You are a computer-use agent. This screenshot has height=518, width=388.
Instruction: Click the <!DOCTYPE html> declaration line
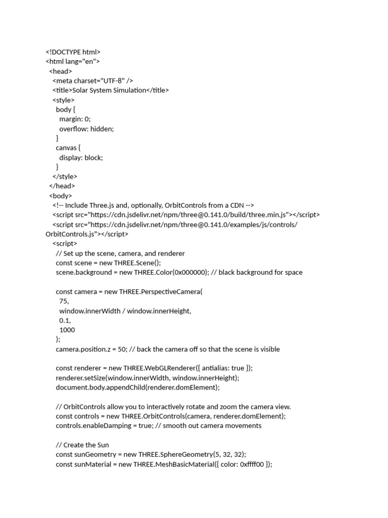(73, 52)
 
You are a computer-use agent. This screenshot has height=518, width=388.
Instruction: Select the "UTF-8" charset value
(114, 80)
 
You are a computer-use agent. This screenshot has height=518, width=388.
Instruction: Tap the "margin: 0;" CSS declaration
(75, 119)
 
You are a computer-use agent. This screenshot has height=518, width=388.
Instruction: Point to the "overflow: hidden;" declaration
(86, 128)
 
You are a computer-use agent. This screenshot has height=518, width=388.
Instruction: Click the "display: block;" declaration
(81, 157)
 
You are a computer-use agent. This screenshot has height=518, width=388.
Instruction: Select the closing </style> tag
(65, 177)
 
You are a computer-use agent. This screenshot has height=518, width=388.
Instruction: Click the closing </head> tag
(62, 186)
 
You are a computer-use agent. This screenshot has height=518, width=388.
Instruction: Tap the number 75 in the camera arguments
(64, 301)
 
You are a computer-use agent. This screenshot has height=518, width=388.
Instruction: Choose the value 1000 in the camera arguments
(67, 330)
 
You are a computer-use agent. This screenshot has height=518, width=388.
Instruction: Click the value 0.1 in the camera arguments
(64, 320)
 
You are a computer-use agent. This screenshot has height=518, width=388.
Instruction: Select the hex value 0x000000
(190, 272)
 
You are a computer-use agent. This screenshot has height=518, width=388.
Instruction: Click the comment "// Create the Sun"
(82, 445)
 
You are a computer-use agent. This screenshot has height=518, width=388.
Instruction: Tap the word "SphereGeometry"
(189, 454)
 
